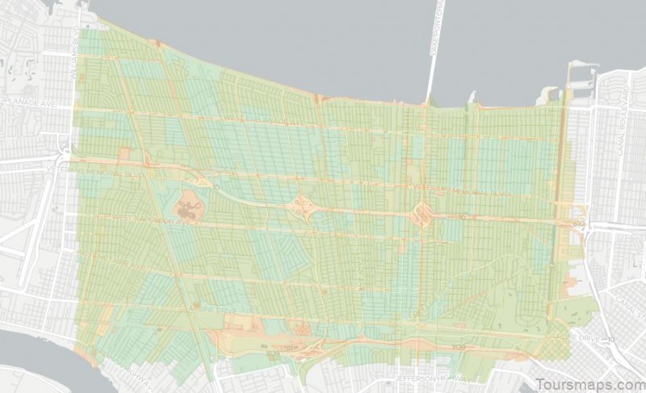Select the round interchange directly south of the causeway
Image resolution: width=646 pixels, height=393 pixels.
pyautogui.click(x=422, y=214)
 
